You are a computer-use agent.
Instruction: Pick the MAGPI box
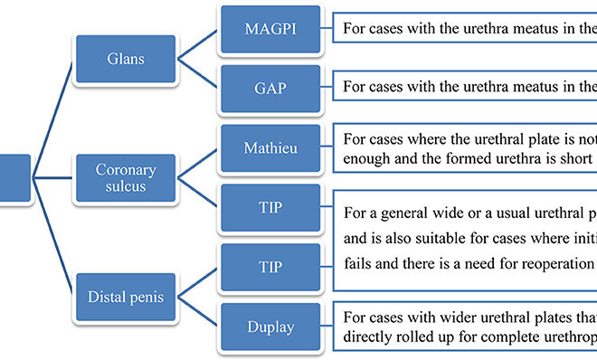tap(270, 29)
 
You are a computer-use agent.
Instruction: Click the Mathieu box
tap(270, 146)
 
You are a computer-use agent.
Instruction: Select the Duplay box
tap(270, 326)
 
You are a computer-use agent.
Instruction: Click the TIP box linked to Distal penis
tap(270, 268)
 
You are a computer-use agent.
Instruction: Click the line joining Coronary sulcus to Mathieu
tap(196, 158)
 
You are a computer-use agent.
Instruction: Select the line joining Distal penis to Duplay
tap(196, 311)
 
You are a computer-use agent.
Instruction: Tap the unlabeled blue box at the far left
tap(14, 176)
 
